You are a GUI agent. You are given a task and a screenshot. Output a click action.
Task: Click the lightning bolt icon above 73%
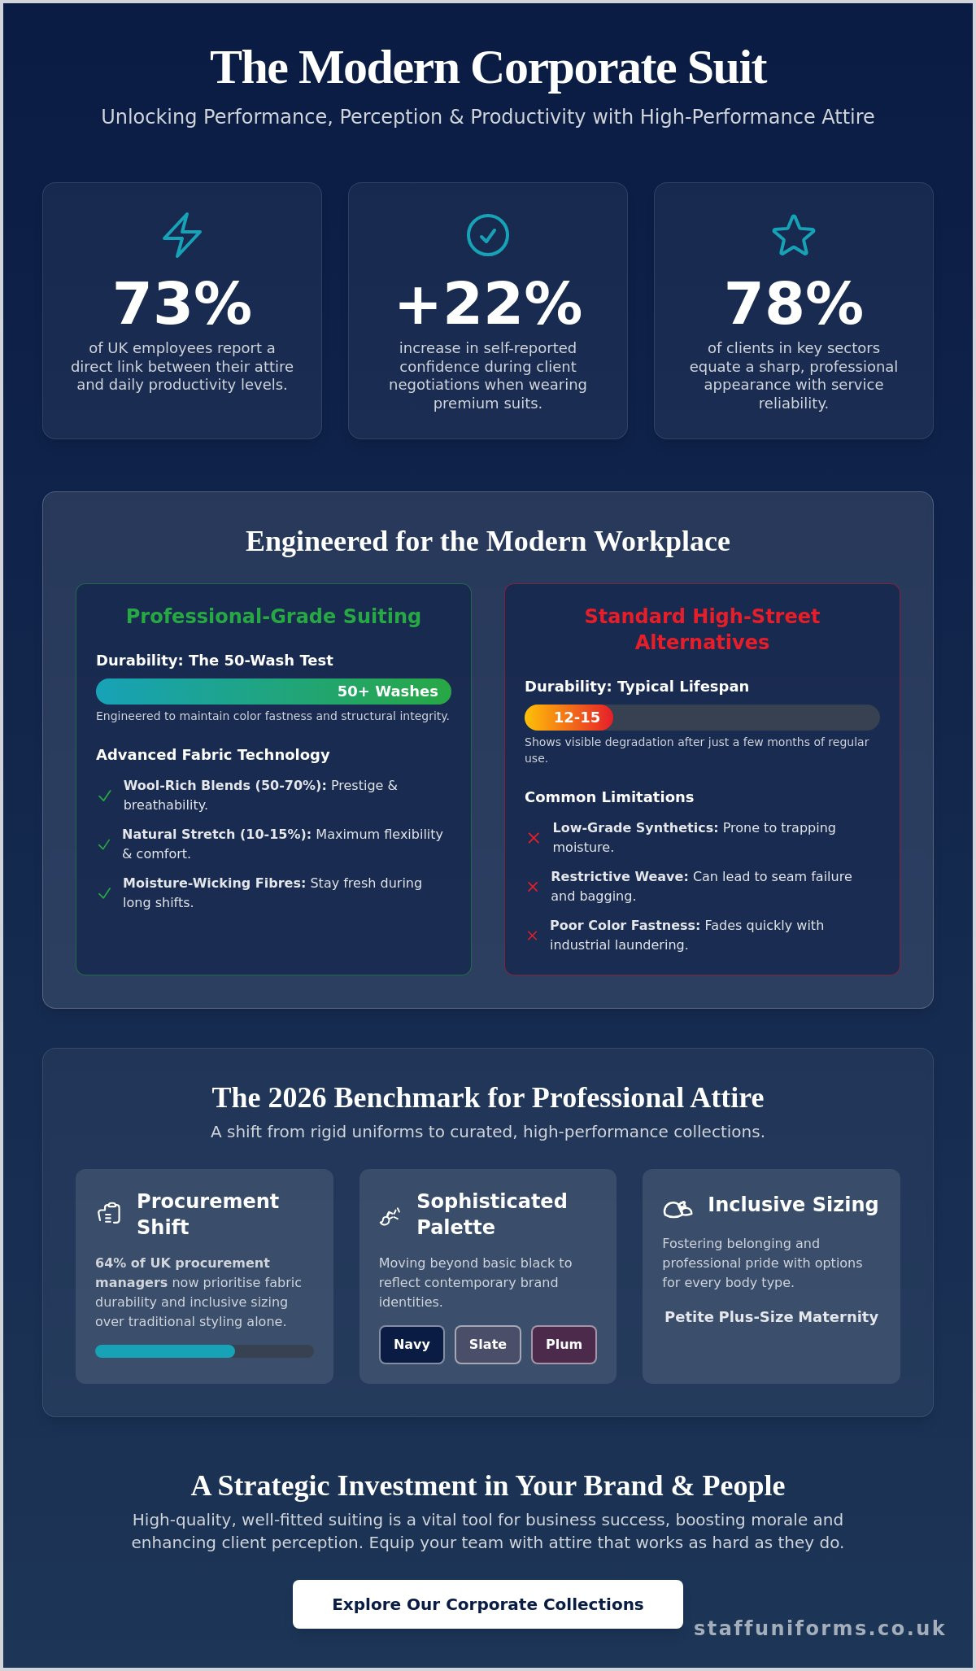(182, 235)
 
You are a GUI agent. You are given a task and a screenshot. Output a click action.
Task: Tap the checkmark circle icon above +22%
(488, 235)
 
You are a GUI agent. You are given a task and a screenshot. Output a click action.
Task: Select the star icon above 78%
(794, 235)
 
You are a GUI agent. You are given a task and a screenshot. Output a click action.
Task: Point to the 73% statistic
(182, 303)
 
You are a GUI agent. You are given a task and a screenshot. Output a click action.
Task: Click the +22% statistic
(488, 303)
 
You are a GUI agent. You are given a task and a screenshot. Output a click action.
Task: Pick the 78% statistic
(794, 303)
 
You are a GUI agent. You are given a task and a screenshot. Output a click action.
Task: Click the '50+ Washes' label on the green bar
(388, 692)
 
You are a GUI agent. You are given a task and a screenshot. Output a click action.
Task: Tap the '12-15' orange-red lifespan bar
(569, 718)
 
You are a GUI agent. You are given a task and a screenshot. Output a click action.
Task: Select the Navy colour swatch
(412, 1345)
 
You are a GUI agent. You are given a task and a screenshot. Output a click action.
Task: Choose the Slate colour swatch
(488, 1345)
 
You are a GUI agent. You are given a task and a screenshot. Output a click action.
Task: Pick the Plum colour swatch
(564, 1345)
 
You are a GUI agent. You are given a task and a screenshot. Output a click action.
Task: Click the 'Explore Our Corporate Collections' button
(488, 1604)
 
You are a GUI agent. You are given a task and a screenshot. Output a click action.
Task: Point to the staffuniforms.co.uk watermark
(820, 1628)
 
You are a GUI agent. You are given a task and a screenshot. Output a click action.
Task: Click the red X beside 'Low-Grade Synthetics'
(534, 838)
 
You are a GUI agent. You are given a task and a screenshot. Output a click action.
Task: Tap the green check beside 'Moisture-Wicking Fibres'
(104, 893)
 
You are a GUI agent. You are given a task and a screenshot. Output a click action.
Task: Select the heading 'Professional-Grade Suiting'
(273, 616)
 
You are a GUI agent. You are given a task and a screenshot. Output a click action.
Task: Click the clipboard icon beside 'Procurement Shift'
(109, 1214)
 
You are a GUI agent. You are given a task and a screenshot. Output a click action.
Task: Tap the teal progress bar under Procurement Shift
(165, 1351)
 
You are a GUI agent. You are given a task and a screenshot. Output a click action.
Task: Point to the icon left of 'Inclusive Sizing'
(678, 1209)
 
